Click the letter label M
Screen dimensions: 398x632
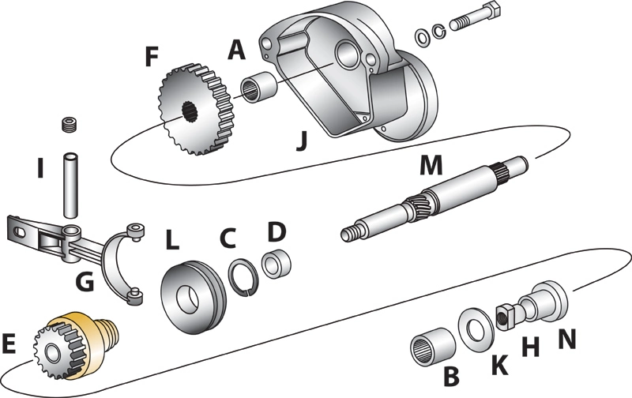point(431,166)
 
